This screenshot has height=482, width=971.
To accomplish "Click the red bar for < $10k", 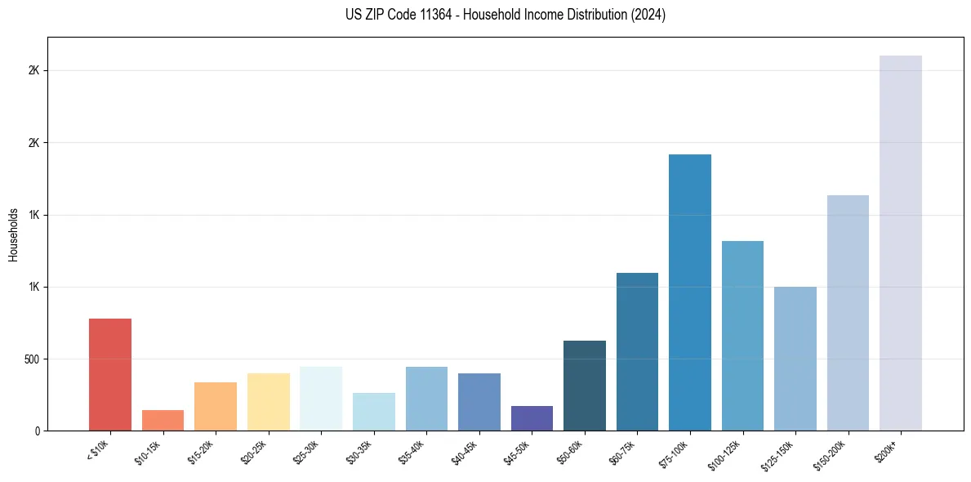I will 109,374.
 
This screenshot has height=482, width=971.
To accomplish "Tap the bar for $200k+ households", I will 900,243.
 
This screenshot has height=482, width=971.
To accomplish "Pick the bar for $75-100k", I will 689,292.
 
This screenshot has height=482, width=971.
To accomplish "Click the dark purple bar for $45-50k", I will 532,418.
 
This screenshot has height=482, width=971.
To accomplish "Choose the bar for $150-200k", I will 848,312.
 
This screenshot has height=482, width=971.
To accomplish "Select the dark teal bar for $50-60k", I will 584,386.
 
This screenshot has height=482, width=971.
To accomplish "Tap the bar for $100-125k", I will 742,335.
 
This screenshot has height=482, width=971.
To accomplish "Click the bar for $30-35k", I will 373,412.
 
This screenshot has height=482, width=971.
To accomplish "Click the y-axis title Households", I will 14,234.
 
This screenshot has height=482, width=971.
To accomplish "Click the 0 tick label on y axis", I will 37,431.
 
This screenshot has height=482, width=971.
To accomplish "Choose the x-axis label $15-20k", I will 202,450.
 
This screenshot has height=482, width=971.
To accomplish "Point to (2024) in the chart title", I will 649,15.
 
